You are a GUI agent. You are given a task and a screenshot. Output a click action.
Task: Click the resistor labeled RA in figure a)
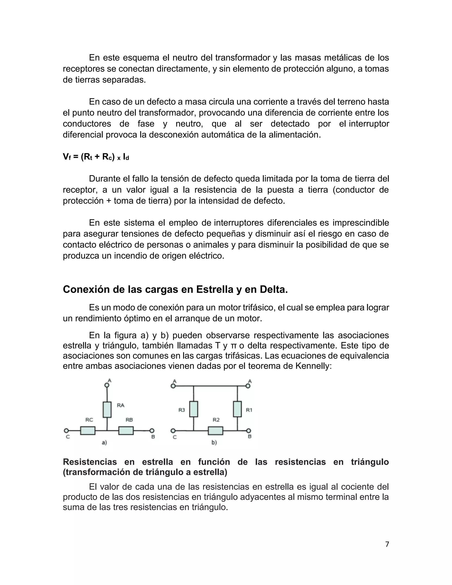pos(107,409)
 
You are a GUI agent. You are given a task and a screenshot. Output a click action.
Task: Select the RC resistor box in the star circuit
pos(88,431)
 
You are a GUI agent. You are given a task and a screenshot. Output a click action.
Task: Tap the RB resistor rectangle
pos(126,431)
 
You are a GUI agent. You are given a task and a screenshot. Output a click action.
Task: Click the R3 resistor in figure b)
pos(194,409)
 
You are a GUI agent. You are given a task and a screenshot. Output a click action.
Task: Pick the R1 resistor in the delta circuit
pos(237,409)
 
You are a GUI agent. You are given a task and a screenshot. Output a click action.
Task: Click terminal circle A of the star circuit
pos(107,385)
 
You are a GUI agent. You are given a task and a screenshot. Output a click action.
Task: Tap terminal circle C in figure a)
pos(66,431)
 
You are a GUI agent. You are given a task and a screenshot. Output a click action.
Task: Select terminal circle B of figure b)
pos(249,431)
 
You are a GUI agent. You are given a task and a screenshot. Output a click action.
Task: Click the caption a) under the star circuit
pos(104,443)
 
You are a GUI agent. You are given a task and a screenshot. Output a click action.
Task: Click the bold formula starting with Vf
pos(96,157)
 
